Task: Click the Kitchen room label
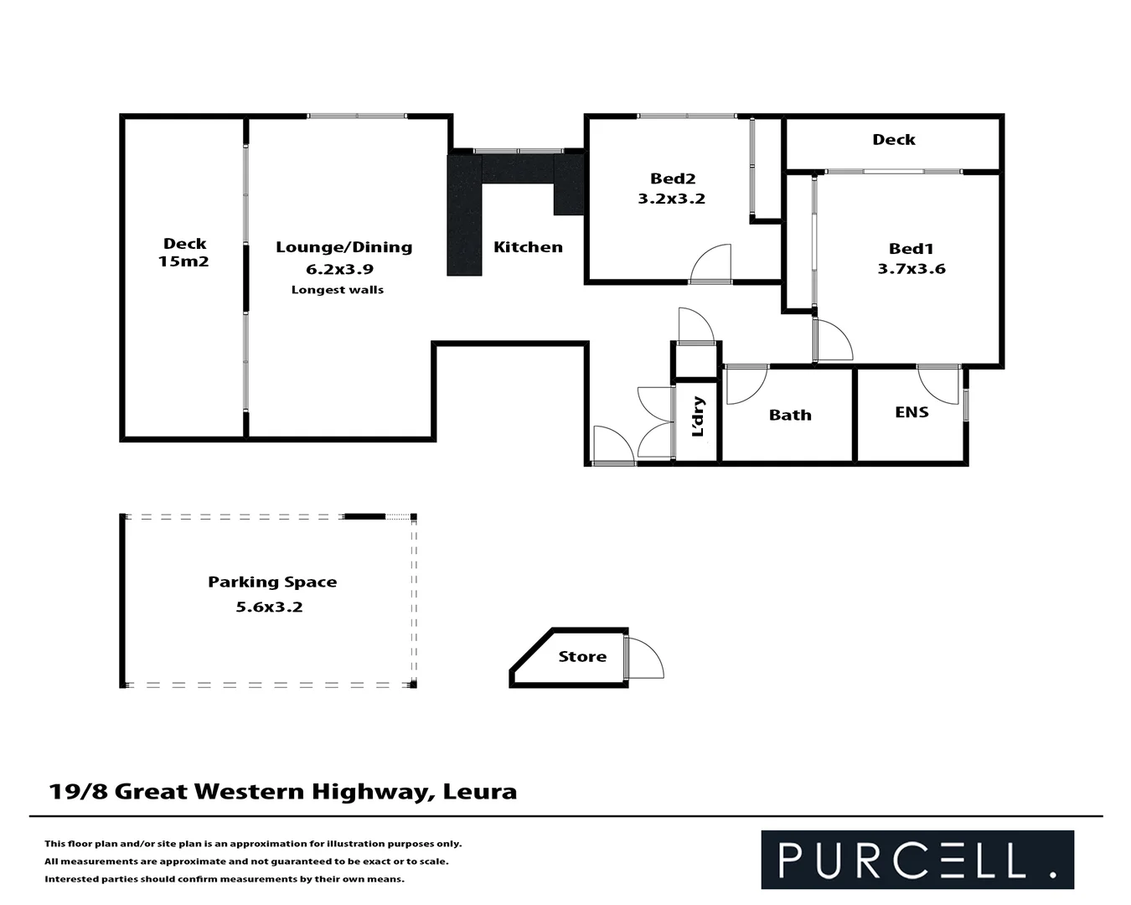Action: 528,247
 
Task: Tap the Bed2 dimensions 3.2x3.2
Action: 671,199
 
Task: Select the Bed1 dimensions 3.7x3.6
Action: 911,269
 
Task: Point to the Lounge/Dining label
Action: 343,247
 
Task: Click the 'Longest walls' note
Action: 337,290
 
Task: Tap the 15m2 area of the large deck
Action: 183,261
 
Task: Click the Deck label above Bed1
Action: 893,140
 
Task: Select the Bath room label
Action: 790,415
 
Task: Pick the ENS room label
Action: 912,412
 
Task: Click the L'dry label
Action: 697,416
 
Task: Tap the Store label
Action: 582,657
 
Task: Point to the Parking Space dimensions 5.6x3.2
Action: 269,608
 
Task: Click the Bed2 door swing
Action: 712,263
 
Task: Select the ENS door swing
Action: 936,384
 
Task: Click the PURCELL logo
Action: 917,860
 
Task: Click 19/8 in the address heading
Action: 78,792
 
